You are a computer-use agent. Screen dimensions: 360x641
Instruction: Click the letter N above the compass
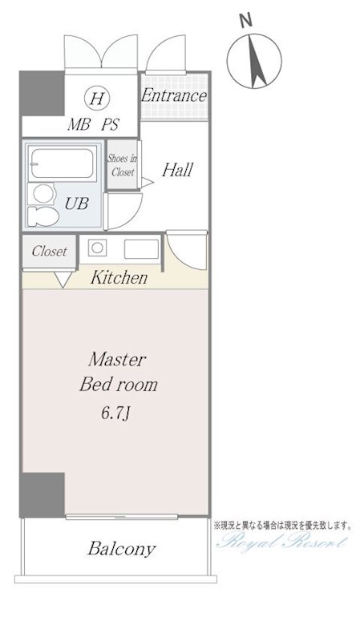click(x=245, y=20)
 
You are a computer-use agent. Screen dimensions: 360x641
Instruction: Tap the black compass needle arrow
click(x=256, y=61)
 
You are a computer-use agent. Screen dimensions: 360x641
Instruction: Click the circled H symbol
click(x=96, y=98)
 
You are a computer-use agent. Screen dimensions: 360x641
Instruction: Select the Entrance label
click(x=174, y=96)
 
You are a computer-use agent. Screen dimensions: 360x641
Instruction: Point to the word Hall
click(x=177, y=170)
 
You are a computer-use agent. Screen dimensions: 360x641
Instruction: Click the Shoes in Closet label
click(x=123, y=165)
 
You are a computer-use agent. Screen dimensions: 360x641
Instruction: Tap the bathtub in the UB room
click(x=63, y=163)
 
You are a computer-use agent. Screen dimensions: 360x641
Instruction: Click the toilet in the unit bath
click(x=42, y=216)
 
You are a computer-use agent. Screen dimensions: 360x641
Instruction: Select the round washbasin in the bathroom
click(x=44, y=193)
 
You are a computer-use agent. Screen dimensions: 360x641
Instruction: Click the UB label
click(x=76, y=203)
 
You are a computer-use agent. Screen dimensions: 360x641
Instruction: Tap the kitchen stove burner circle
click(x=97, y=248)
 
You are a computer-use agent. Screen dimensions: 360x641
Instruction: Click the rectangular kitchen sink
click(x=141, y=249)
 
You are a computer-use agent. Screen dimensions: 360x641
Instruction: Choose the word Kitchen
click(x=119, y=277)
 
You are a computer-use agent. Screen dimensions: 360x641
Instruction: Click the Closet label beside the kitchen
click(x=49, y=251)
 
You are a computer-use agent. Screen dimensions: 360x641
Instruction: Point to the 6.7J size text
click(x=115, y=413)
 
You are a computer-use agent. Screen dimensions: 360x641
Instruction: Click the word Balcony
click(x=122, y=549)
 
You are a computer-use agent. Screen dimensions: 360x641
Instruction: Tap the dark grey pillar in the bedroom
click(x=43, y=495)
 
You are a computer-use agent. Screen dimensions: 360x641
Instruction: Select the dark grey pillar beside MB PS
click(x=43, y=94)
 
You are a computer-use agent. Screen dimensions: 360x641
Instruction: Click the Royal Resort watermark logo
click(x=281, y=543)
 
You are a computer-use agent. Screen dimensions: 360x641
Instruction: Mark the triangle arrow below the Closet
click(x=63, y=279)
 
